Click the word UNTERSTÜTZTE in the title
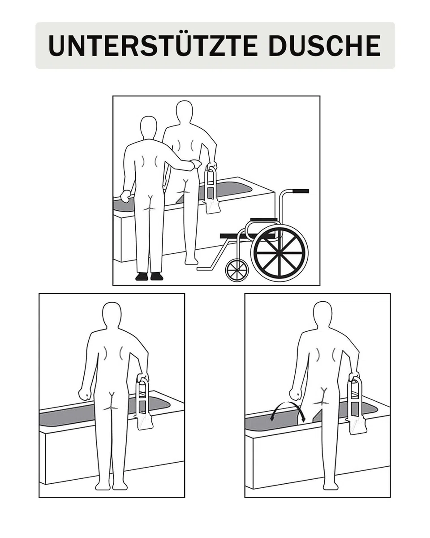tap(153, 45)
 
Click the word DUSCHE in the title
tap(325, 45)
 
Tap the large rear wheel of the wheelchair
tap(279, 253)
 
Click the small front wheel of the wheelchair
tap(237, 270)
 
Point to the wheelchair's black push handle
tap(301, 191)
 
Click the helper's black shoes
tap(150, 276)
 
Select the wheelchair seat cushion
tap(264, 220)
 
